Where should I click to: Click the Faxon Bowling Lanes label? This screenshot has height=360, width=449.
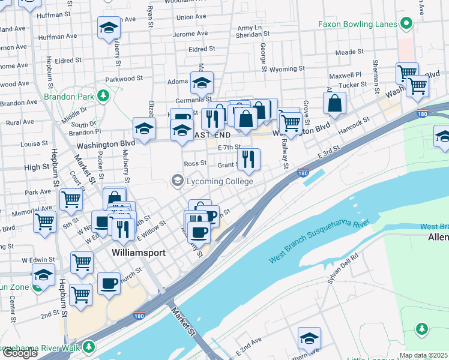pos(357,24)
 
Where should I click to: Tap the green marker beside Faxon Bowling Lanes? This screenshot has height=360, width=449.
pos(406,24)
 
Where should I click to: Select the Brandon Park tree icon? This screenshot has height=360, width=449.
pos(103,95)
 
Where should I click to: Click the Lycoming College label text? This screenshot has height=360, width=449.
pos(219,181)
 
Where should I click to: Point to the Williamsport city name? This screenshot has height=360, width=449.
pos(139,253)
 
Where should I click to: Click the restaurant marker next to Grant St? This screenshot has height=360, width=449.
pos(249,160)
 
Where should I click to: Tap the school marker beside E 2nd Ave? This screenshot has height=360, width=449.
pos(309,338)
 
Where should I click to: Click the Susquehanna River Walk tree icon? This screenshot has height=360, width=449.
pos(89,347)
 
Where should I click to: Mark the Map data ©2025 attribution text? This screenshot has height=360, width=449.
pos(423,355)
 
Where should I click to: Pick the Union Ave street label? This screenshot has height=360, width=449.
pos(191,17)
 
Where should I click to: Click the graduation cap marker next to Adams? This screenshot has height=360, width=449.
pos(202,83)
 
